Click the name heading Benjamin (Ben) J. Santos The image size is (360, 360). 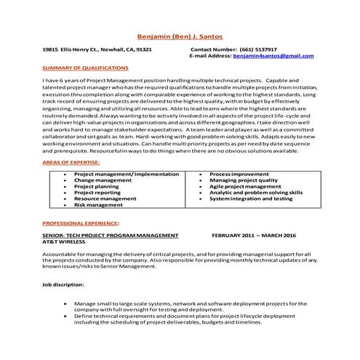180,37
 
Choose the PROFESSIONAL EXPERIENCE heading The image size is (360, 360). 81,223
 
